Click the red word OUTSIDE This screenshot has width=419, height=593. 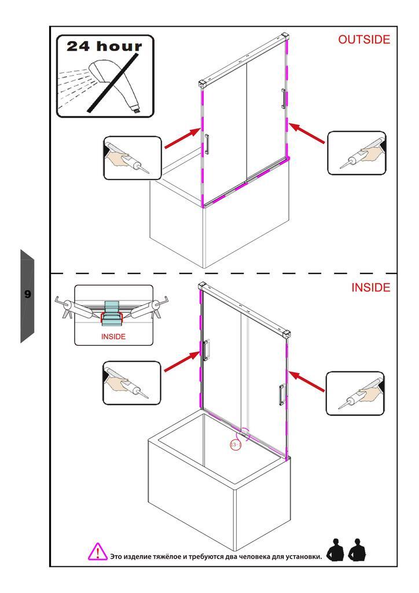click(x=364, y=39)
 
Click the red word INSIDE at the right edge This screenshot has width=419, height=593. click(x=370, y=288)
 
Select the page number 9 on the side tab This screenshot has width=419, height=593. click(x=27, y=294)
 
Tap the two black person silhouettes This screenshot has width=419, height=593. click(x=347, y=550)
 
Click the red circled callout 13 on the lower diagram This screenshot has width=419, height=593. click(x=236, y=445)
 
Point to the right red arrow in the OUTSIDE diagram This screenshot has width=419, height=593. click(x=307, y=133)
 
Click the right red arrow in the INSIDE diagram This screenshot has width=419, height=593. click(x=307, y=382)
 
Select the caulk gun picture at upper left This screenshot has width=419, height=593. click(x=132, y=158)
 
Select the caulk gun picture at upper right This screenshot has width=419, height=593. click(x=356, y=153)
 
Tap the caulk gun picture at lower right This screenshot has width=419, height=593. click(x=355, y=394)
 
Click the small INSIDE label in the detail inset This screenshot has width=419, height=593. click(x=113, y=336)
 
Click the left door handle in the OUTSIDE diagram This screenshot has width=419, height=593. click(x=206, y=144)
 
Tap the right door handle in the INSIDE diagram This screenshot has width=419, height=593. click(x=281, y=394)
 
